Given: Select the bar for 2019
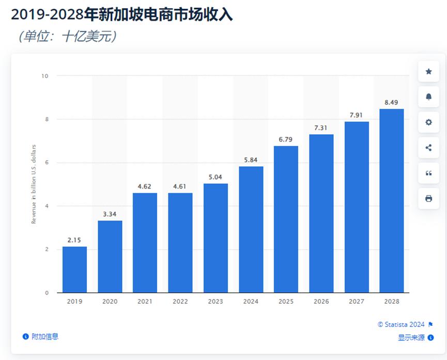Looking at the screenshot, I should tap(74, 270).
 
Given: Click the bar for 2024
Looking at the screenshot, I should tap(251, 229).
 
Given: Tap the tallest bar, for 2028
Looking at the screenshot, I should tap(391, 201).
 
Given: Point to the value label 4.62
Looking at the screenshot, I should tap(145, 186).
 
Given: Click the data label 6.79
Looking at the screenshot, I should tap(286, 140).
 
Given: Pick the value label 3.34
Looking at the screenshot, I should tap(110, 214).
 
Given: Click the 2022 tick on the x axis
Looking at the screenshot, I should tap(180, 301).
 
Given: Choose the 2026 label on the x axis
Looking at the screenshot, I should tap(321, 301).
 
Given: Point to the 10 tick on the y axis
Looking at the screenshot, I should tap(45, 76).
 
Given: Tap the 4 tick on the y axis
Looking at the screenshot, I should tap(47, 206).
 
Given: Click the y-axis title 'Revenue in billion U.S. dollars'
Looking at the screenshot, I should tap(34, 184).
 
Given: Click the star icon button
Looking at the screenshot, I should tap(428, 72).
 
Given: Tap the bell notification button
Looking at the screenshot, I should tap(428, 97).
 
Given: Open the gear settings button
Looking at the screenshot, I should tap(428, 122).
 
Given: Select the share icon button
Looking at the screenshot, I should tap(428, 148).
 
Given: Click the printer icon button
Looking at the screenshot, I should tap(428, 198).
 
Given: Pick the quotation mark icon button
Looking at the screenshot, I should tap(428, 173).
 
